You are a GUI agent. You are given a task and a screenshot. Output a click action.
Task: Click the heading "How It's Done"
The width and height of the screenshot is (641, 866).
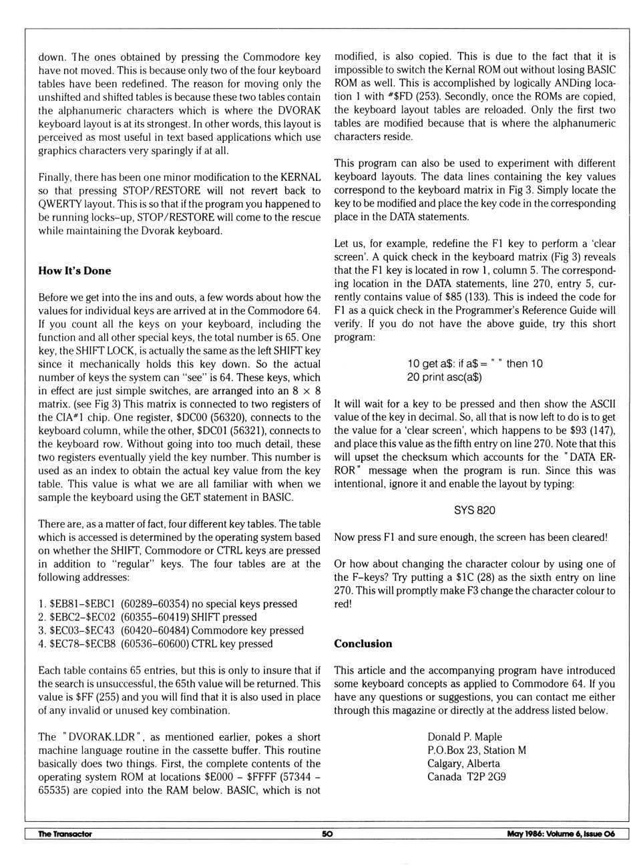point(75,270)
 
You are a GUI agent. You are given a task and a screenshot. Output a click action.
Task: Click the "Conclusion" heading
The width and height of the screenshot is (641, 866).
point(363,644)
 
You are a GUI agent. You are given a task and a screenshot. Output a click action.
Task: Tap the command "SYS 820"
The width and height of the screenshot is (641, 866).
point(474,510)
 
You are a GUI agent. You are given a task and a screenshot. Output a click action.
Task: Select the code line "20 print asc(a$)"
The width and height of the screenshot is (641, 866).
point(444,377)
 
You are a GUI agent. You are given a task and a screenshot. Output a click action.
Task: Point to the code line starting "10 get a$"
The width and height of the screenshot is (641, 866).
point(475,364)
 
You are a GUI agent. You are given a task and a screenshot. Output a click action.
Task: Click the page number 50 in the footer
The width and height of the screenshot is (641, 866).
point(327,834)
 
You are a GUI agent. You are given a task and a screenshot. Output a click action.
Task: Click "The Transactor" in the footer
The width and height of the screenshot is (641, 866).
point(65,834)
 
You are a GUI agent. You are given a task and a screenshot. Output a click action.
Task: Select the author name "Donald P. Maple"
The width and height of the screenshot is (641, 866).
point(465,737)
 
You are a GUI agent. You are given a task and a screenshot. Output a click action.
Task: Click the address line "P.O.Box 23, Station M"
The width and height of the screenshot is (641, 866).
point(477,750)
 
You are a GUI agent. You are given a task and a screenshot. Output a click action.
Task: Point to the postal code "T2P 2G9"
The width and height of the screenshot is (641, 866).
point(485,777)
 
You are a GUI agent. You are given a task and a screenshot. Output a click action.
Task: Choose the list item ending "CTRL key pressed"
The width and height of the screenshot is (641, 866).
point(156,644)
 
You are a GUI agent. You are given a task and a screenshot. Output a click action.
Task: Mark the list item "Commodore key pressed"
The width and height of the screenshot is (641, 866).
point(171,630)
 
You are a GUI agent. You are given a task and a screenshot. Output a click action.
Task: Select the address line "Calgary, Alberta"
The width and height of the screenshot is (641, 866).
point(463,764)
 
